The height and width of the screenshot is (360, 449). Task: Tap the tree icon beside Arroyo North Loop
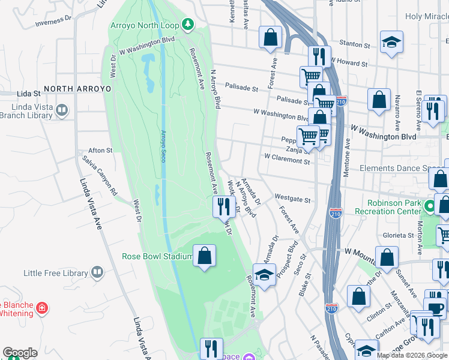[188, 24]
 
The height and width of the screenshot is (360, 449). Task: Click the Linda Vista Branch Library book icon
[62, 110]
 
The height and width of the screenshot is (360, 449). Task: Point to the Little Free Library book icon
[97, 273]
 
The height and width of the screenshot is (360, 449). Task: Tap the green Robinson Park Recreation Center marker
[429, 207]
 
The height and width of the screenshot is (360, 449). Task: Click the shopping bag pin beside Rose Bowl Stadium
[205, 256]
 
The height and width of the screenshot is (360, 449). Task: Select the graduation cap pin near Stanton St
[391, 42]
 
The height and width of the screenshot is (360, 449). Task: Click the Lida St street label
[29, 94]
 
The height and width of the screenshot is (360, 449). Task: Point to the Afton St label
[100, 151]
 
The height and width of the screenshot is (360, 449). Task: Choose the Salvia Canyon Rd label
[100, 176]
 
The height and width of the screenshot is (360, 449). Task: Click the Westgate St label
[292, 198]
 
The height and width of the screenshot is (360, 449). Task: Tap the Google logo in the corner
[20, 352]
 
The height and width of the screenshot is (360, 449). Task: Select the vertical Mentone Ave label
[347, 154]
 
